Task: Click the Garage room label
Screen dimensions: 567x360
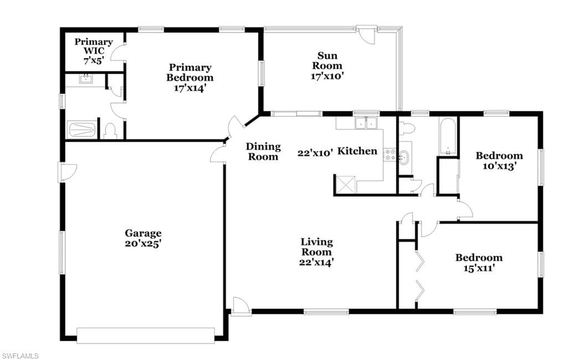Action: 143,233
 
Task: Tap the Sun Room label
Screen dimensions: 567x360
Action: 327,61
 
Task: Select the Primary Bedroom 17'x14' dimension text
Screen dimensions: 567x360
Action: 190,88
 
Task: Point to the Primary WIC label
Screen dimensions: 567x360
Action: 94,47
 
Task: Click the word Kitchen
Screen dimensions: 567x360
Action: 357,151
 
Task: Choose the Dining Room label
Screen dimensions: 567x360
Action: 263,152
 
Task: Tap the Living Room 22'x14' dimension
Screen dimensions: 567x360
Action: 316,262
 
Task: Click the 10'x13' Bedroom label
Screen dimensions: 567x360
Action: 499,161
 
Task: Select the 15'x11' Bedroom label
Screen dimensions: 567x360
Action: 479,263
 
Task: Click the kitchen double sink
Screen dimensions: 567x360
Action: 367,124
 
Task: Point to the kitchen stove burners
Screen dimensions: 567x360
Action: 389,155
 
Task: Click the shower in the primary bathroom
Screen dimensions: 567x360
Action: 82,129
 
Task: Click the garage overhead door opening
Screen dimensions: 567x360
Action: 146,336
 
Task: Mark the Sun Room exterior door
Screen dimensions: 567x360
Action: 366,35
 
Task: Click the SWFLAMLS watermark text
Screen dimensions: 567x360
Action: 20,356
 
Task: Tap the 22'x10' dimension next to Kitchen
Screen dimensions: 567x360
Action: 315,153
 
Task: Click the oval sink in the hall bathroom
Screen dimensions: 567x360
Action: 404,158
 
